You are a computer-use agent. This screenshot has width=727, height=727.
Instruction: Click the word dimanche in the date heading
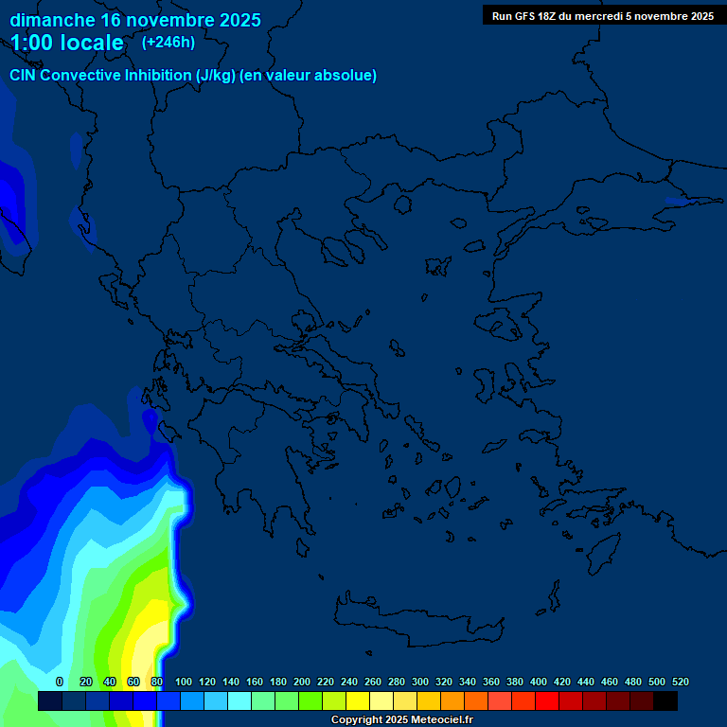[52, 20]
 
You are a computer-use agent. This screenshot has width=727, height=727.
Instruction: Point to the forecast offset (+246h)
[168, 42]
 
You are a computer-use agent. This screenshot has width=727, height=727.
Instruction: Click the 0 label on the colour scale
[60, 682]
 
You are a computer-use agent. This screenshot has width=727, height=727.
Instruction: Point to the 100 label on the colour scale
[184, 682]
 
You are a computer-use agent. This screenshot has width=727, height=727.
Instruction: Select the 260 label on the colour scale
[373, 682]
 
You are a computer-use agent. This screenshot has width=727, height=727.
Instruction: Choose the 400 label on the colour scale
[539, 682]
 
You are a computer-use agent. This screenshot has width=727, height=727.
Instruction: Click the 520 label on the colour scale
[681, 682]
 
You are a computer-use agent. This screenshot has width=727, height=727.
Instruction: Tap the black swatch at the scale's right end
[665, 700]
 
